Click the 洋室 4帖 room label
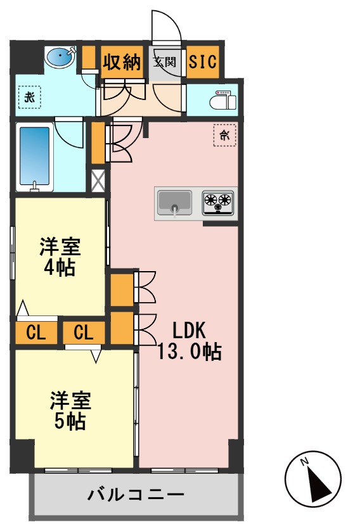tap(60, 256)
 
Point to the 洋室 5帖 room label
tap(71, 410)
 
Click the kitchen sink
tap(174, 203)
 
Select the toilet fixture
tap(221, 100)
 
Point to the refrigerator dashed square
tap(224, 135)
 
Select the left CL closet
tap(36, 332)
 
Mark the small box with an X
tap(98, 181)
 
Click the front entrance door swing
tap(166, 29)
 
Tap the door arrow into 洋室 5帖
tap(96, 356)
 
